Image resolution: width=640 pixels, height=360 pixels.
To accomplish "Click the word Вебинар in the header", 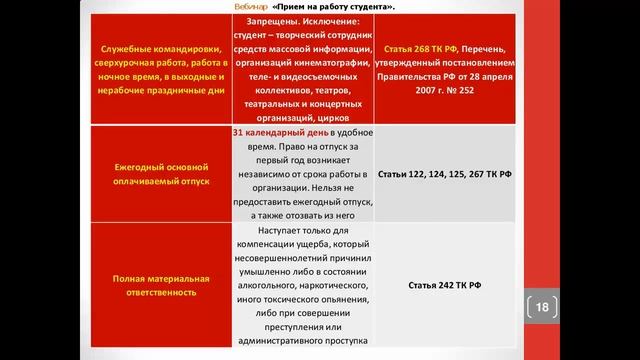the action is [247, 7].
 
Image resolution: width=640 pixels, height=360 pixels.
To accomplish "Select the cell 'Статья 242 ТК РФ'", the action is [445, 285].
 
